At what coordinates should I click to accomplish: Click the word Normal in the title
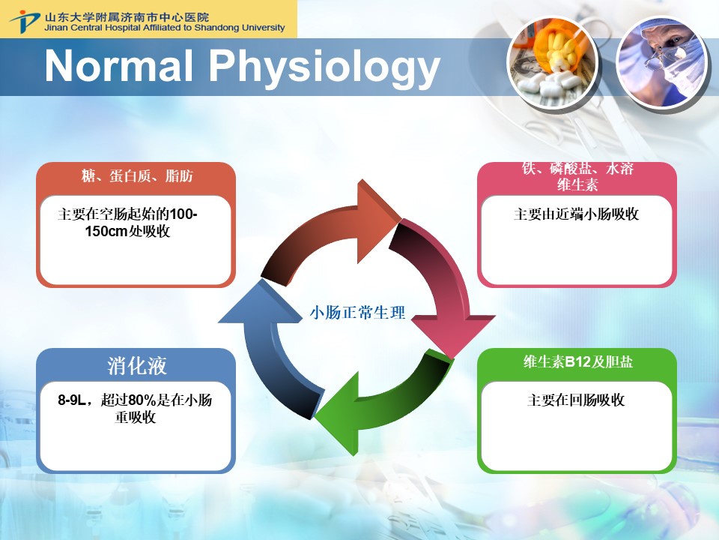tap(119, 66)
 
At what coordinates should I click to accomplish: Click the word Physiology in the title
tap(324, 68)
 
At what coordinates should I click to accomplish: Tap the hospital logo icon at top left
tap(25, 20)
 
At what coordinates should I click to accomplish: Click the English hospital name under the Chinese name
tap(165, 28)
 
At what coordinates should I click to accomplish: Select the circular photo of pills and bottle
tap(553, 63)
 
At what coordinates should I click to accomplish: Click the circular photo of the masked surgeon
tap(661, 63)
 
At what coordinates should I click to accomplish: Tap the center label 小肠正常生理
tap(357, 313)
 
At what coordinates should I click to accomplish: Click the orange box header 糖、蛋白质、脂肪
tap(136, 175)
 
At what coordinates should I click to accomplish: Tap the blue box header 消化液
tap(136, 366)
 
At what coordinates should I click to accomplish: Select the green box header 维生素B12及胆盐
tap(577, 361)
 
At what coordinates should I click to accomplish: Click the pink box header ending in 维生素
tap(577, 176)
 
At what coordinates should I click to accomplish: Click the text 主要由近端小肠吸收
tap(576, 214)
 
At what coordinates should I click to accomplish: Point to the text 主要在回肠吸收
tap(576, 400)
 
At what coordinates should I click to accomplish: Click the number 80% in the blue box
tap(142, 400)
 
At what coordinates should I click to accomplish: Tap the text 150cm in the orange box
tap(106, 231)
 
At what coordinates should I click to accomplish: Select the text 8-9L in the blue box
tap(72, 400)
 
